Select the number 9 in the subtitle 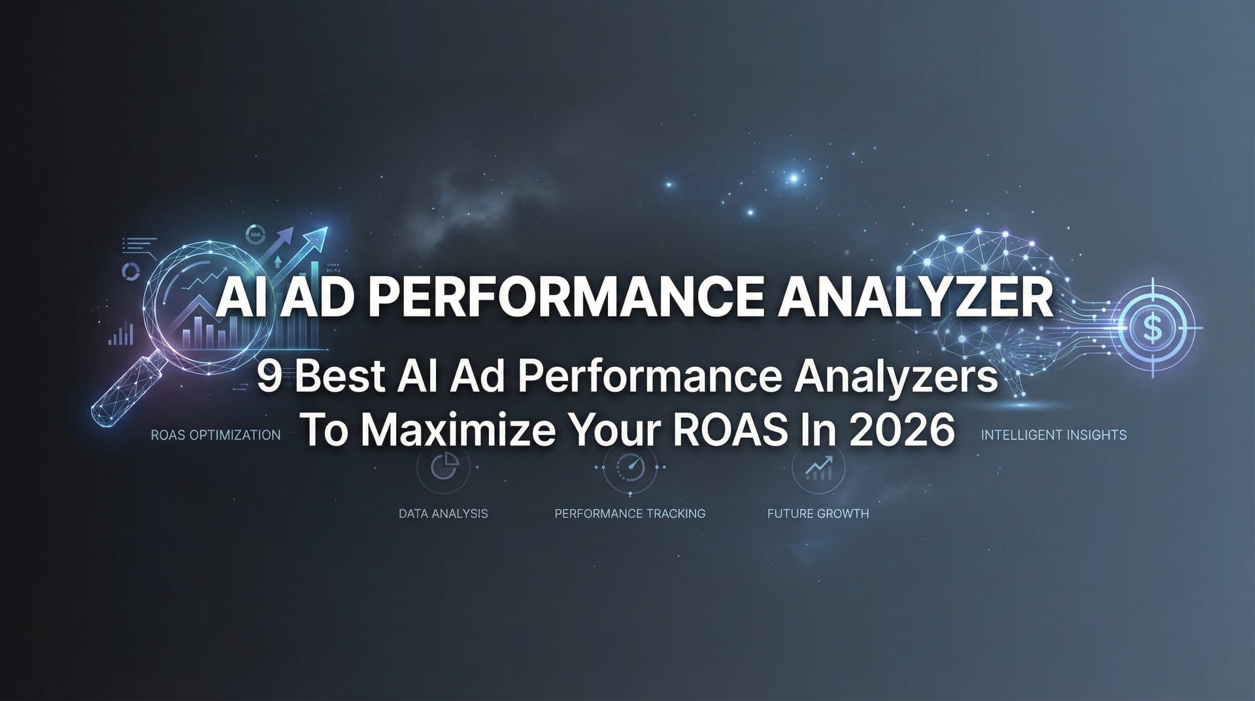pos(268,377)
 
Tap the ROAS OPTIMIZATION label pos(216,435)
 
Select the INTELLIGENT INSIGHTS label pos(1054,435)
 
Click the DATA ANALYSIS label pos(443,513)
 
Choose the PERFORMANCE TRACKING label pos(630,513)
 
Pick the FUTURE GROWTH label pos(818,513)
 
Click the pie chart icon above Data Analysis pos(443,467)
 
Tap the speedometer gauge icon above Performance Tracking pos(630,467)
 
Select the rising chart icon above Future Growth pos(818,467)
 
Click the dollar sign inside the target pos(1153,328)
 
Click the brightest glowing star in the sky pos(794,177)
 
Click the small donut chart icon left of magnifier pos(131,271)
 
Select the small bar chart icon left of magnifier pos(121,335)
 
